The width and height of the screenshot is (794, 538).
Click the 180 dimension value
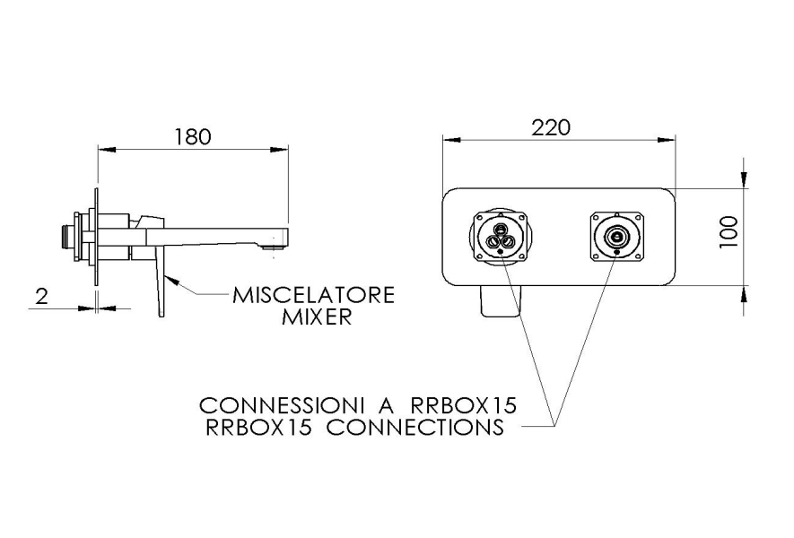point(192,136)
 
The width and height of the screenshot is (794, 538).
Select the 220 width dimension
point(551,127)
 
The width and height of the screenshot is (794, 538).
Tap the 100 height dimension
point(729,231)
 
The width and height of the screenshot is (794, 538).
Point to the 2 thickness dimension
point(41,296)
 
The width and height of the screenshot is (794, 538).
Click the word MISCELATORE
point(313,295)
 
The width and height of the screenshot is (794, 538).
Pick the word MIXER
point(317,317)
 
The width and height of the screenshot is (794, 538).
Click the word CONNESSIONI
point(282,405)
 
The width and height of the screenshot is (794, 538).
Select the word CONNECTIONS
point(415,427)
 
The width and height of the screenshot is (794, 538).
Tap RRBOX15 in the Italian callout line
point(464,405)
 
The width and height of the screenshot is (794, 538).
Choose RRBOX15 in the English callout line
point(258,427)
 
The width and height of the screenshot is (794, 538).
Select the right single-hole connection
point(617,237)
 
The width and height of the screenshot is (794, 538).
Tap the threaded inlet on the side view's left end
point(66,237)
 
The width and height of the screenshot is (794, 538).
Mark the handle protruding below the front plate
point(500,301)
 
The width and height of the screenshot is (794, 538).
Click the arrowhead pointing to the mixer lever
point(171,277)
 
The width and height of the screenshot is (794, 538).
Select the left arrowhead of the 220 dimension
point(451,139)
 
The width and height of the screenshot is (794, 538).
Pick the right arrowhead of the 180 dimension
point(280,150)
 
